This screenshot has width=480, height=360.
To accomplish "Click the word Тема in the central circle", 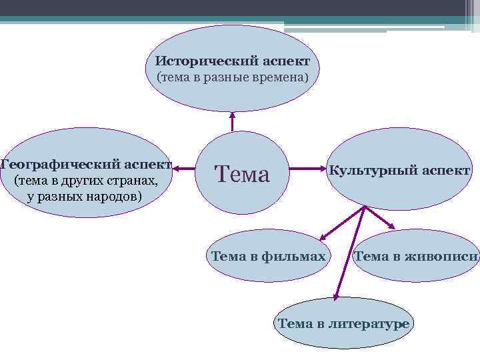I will (241, 174).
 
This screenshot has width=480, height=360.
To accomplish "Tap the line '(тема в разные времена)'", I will (233, 78).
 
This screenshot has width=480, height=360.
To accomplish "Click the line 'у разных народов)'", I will (85, 197).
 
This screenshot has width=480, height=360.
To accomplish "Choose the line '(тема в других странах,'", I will (85, 181).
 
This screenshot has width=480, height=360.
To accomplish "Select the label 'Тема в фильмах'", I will (268, 256).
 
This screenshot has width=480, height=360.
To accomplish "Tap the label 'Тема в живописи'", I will (417, 256).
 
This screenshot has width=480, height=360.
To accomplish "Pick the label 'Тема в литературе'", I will (343, 324).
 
